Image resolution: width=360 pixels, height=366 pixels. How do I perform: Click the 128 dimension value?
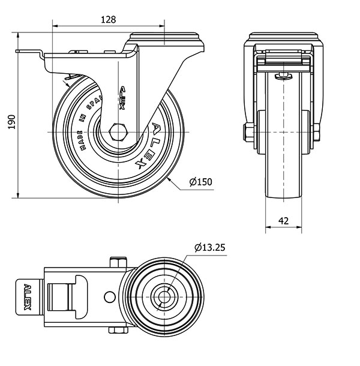(x=108, y=19)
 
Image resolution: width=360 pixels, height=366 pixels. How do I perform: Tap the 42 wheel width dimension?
(x=284, y=221)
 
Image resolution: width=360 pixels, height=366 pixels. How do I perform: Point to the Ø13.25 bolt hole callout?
(x=209, y=247)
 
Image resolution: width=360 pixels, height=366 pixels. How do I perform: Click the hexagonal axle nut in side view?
(x=118, y=131)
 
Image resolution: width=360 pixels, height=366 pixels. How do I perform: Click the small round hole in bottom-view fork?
(x=109, y=296)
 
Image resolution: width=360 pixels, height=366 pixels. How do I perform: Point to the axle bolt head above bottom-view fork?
(x=118, y=262)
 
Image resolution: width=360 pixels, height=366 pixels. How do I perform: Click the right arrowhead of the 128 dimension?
(x=163, y=25)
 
